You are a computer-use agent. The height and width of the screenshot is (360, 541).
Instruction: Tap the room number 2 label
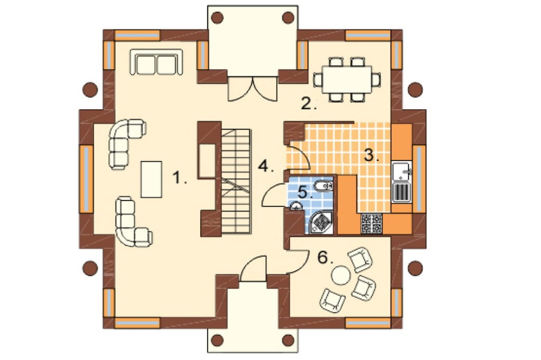tap(308, 103)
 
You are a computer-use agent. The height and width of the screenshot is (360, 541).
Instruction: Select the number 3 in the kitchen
tap(372, 155)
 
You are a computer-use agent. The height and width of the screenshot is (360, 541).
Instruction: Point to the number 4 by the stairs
tap(266, 166)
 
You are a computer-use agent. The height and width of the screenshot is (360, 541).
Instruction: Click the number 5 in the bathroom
tap(305, 192)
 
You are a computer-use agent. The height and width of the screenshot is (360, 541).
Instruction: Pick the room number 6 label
tap(325, 257)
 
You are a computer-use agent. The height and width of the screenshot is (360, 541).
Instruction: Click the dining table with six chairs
tap(347, 79)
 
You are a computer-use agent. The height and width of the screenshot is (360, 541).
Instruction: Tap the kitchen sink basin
tap(401, 171)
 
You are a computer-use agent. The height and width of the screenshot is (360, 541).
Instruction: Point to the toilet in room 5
tap(323, 186)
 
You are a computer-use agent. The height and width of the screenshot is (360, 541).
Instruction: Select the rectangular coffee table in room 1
tap(151, 179)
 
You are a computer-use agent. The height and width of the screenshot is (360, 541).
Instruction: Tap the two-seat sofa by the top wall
tap(156, 62)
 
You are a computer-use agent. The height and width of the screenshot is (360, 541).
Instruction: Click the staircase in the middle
tap(236, 182)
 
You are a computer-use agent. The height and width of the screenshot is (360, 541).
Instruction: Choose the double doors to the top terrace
tap(253, 89)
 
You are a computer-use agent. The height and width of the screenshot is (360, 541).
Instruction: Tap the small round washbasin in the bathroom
tap(296, 206)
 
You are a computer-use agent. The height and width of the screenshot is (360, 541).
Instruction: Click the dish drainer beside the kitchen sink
tap(401, 192)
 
